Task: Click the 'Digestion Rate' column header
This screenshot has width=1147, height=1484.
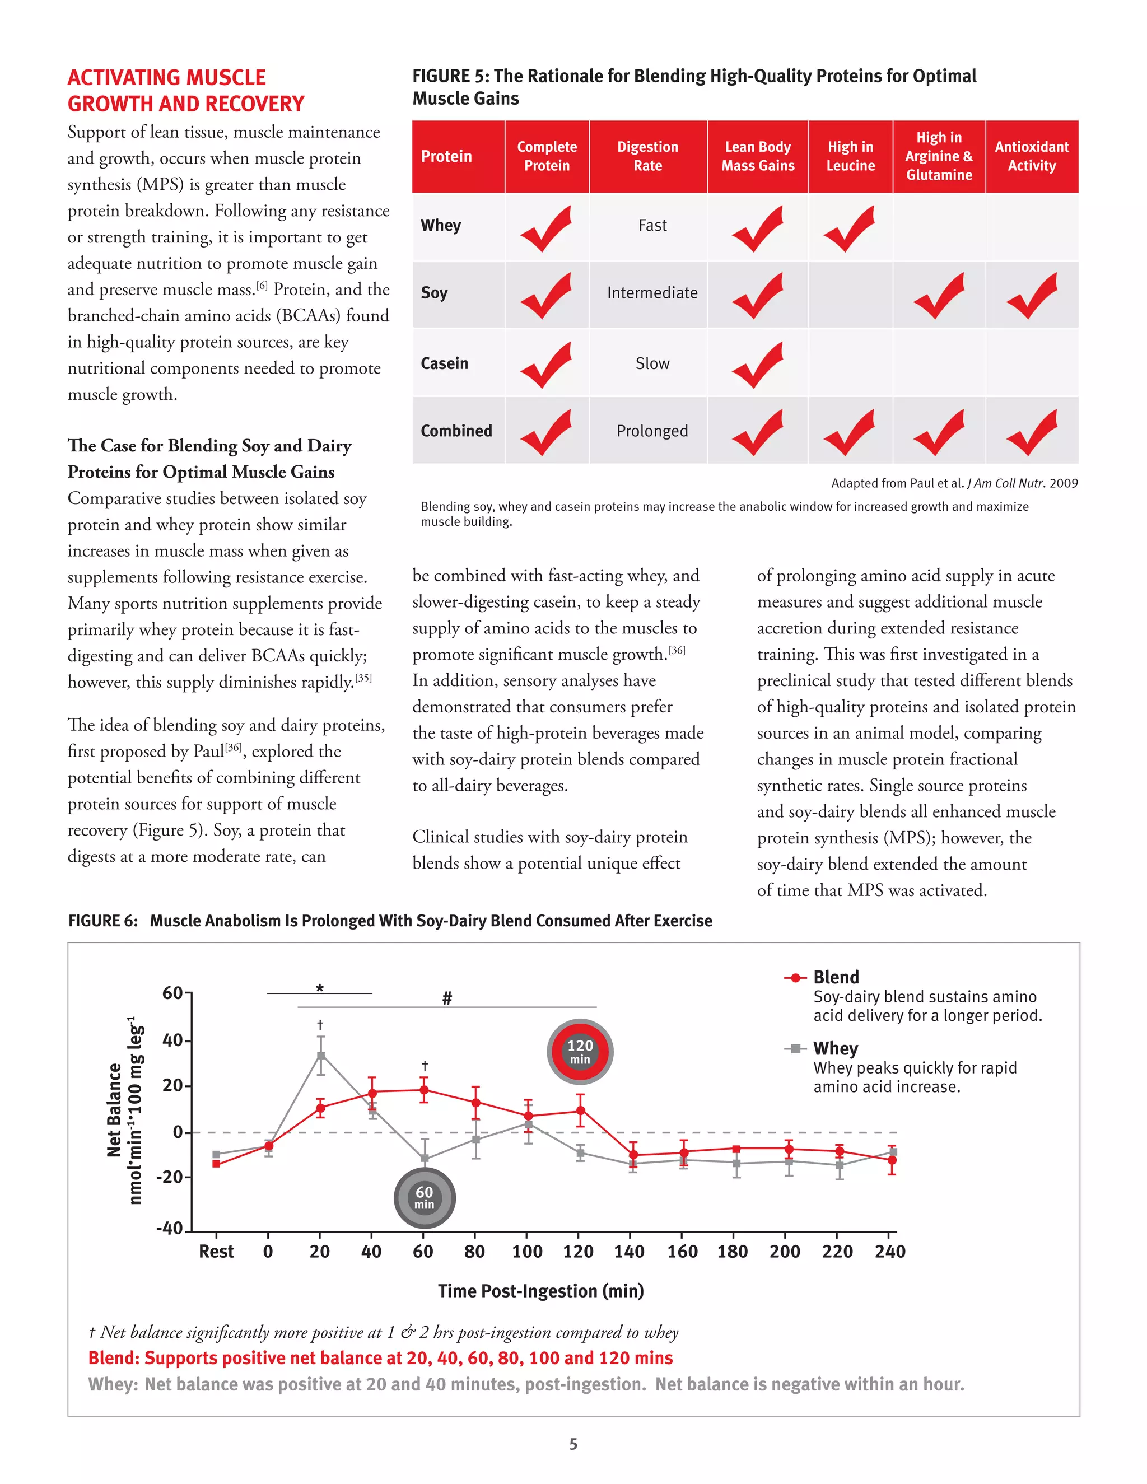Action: point(647,156)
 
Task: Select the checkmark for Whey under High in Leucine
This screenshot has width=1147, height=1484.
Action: point(850,229)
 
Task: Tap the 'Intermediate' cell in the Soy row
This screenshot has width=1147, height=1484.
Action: point(652,293)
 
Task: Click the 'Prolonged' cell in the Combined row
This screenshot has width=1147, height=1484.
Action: point(652,431)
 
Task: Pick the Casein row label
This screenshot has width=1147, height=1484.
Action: point(444,363)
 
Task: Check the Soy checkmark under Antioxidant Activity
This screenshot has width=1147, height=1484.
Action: point(1032,296)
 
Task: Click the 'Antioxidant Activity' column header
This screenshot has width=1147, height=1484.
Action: point(1032,156)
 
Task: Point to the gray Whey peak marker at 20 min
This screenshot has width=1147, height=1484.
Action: point(321,1055)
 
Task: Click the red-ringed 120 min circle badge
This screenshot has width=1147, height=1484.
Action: point(580,1051)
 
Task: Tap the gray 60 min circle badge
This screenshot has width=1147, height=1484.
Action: point(424,1198)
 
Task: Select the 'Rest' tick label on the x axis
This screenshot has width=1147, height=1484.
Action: point(216,1252)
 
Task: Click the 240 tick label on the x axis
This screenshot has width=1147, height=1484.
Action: point(889,1252)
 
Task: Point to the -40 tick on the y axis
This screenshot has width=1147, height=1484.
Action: point(170,1229)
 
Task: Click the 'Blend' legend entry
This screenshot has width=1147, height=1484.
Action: point(836,977)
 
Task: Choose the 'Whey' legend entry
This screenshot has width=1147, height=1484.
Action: point(835,1048)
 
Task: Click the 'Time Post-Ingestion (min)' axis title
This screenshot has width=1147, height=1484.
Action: point(540,1291)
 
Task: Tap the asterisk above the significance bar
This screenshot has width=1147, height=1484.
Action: point(319,988)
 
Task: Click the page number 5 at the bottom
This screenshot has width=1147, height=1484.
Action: point(573,1444)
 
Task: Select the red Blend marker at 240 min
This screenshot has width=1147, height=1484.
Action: point(892,1160)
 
